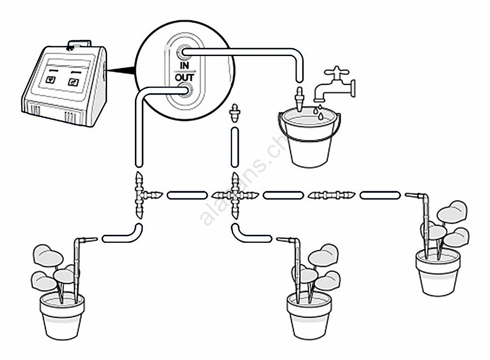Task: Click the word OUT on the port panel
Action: (184, 77)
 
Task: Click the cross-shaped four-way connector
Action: (235, 196)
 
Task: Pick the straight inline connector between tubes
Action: (331, 195)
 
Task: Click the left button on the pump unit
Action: (51, 79)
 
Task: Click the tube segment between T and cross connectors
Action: (186, 196)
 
